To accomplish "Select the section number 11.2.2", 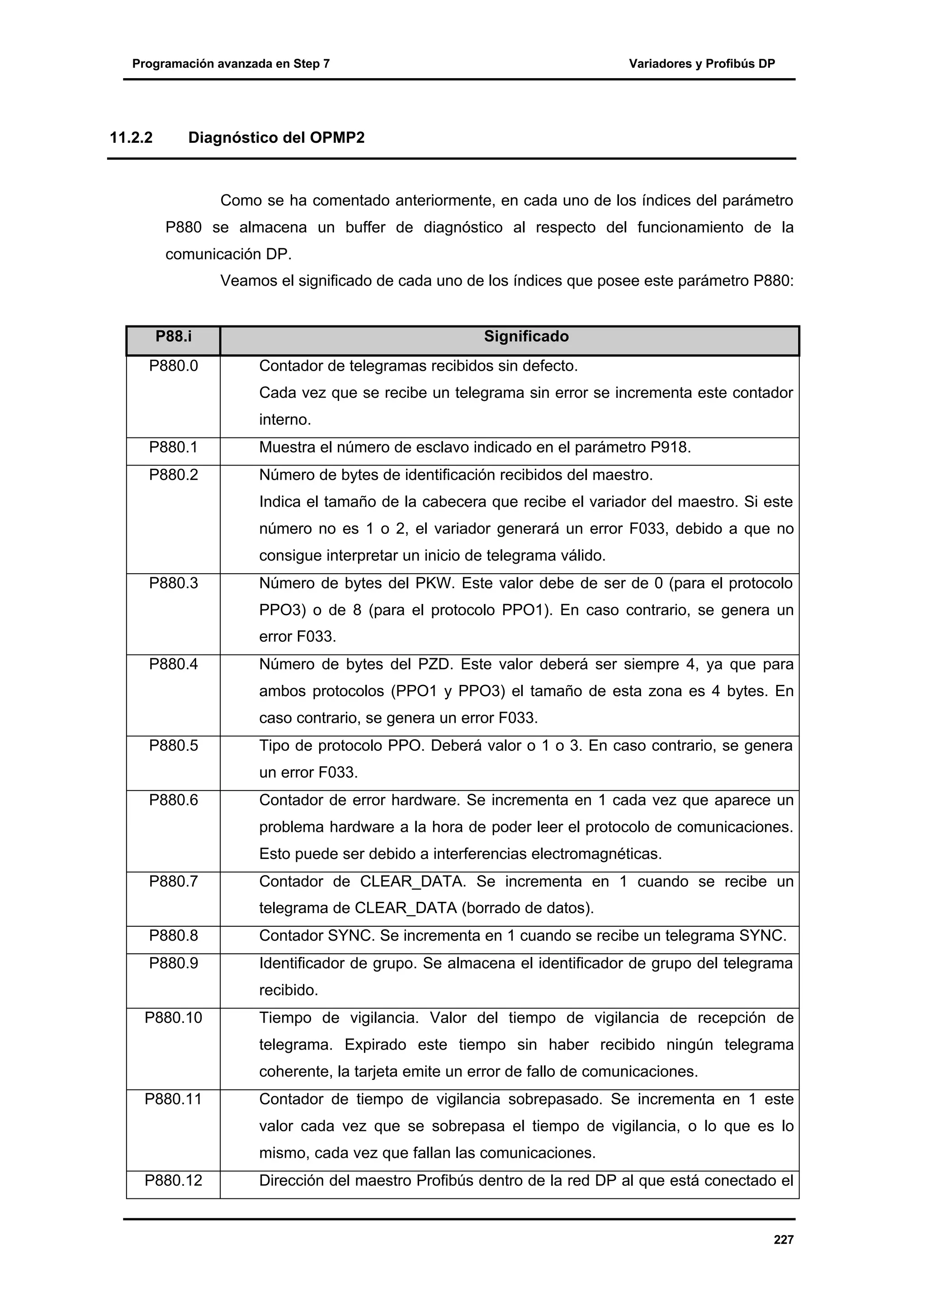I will click(131, 137).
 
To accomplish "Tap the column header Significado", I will click(526, 337).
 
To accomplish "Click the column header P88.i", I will click(174, 337).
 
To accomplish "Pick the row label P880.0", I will click(174, 366).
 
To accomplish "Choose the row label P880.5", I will click(174, 746).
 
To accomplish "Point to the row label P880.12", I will click(174, 1180).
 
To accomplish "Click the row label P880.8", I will click(174, 936).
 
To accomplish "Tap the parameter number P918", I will click(671, 448).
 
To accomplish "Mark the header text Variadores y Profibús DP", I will click(702, 64).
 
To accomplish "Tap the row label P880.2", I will click(174, 475).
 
